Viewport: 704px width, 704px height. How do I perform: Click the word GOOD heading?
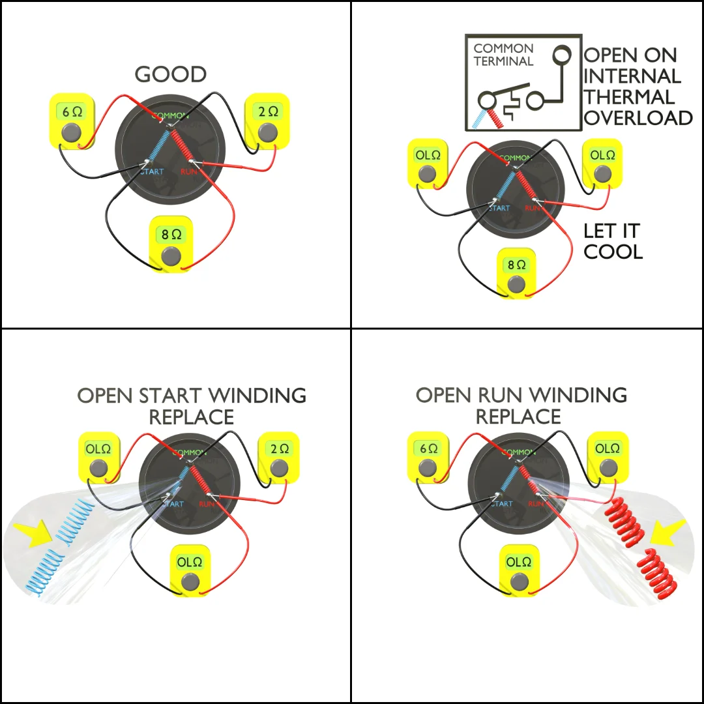tap(171, 74)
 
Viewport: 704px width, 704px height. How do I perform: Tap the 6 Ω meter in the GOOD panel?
tap(72, 122)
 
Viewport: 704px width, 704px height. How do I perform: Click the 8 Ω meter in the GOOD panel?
tap(171, 245)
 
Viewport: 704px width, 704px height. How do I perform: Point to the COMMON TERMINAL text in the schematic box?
tap(503, 55)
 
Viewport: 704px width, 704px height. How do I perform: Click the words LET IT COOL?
tap(612, 241)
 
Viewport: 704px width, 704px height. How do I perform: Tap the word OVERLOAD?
tap(638, 117)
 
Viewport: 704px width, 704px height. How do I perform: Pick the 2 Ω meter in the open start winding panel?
tap(279, 459)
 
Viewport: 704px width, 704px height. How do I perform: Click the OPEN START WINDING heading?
tap(192, 395)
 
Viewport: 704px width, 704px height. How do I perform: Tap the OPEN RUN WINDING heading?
tap(521, 395)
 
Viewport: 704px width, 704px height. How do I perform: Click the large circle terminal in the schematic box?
tap(560, 55)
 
